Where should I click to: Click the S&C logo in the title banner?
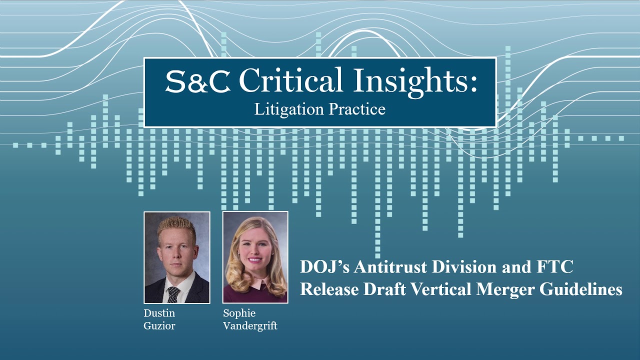pos(197,82)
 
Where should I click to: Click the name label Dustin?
pos(159,313)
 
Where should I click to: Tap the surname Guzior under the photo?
pos(159,326)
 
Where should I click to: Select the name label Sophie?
pos(239,313)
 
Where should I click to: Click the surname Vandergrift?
pos(250,326)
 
